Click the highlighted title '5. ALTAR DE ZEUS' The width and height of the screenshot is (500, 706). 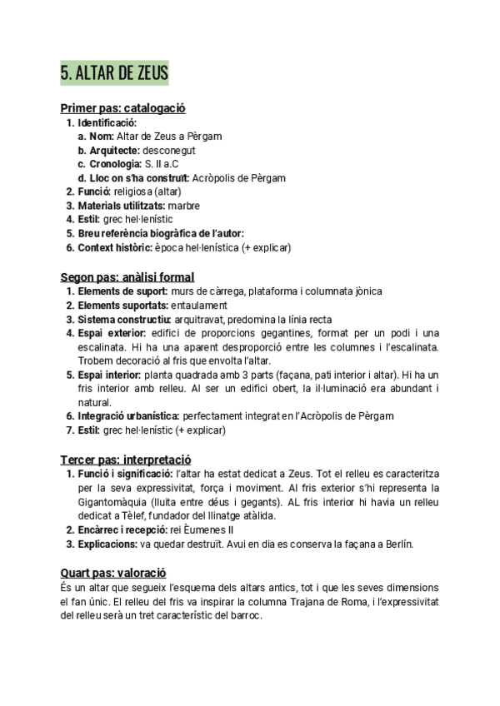coord(114,73)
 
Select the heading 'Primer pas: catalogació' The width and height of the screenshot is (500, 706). coord(122,108)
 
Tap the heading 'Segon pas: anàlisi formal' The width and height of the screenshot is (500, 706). coord(127,276)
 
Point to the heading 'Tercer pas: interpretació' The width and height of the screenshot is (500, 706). coord(126,460)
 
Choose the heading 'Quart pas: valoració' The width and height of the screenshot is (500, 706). coord(113,573)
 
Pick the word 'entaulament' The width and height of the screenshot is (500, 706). coord(198,305)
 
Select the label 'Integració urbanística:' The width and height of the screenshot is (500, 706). coord(127,416)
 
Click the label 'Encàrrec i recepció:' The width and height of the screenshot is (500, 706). coord(122,530)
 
